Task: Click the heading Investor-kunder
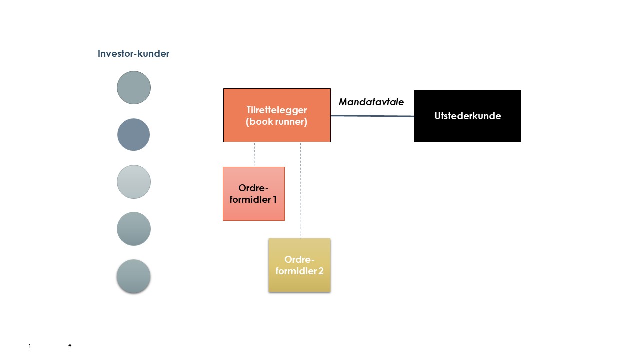(x=133, y=54)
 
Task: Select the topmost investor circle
(x=134, y=88)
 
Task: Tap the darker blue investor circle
(x=134, y=135)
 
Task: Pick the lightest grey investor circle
(x=134, y=182)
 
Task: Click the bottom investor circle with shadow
(x=134, y=276)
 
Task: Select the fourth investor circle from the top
(x=134, y=229)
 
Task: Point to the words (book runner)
(x=276, y=121)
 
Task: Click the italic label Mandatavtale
(x=371, y=102)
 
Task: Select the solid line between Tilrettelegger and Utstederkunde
(x=372, y=116)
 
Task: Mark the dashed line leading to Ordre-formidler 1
(x=254, y=154)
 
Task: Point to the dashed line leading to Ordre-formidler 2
(x=300, y=190)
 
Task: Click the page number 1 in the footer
(x=30, y=346)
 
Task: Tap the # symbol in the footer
(x=70, y=346)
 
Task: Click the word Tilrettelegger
(x=276, y=110)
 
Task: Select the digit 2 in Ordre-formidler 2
(x=321, y=271)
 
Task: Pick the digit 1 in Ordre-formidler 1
(x=274, y=200)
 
